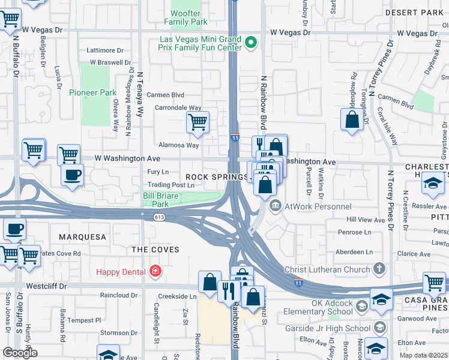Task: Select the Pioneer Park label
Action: (92, 92)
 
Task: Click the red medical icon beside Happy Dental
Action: (156, 272)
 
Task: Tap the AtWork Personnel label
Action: (318, 206)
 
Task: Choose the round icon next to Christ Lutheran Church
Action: (379, 269)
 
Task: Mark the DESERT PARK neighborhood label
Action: (422, 12)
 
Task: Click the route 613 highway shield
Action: (159, 217)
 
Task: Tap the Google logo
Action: (20, 352)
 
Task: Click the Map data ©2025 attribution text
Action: (423, 355)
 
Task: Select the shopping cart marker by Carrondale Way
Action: (197, 123)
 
